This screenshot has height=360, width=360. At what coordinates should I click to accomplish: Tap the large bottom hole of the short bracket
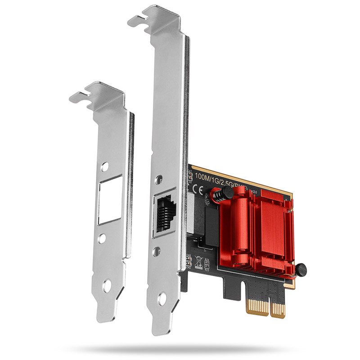tap(108, 284)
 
